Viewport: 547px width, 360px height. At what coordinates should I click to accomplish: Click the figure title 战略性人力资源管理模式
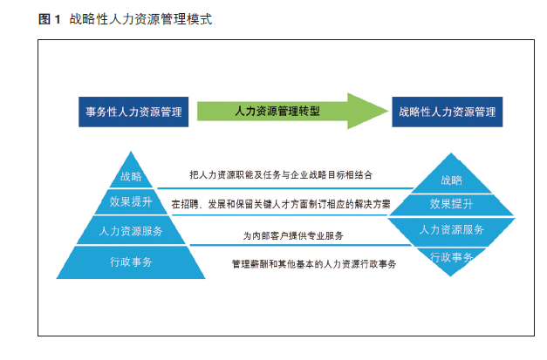tap(140, 19)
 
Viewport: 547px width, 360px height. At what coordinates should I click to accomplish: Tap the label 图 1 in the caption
tap(49, 19)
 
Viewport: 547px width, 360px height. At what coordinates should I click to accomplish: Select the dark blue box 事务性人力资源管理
tap(133, 112)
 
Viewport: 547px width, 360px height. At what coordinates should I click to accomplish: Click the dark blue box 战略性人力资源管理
tap(448, 112)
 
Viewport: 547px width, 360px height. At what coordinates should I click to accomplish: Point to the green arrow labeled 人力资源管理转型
tap(292, 112)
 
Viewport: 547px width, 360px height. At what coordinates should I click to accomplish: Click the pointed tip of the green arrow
tap(388, 112)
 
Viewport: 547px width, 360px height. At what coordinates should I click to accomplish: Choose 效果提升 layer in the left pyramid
tap(131, 201)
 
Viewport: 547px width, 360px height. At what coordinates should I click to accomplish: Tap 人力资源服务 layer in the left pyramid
tap(131, 230)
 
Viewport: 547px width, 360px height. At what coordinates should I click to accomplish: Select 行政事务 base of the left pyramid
tap(131, 262)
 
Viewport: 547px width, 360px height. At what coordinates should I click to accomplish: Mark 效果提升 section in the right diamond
tap(451, 205)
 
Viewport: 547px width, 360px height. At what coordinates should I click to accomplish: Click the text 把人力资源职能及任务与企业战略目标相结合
tap(281, 174)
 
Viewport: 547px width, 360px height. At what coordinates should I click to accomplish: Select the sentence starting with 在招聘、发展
tap(281, 204)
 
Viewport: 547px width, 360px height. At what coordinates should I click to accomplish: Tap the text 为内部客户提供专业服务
tap(293, 236)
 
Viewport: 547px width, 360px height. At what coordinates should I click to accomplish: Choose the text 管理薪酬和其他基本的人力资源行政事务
tap(314, 264)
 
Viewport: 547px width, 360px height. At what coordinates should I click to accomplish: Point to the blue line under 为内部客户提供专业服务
tap(301, 245)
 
